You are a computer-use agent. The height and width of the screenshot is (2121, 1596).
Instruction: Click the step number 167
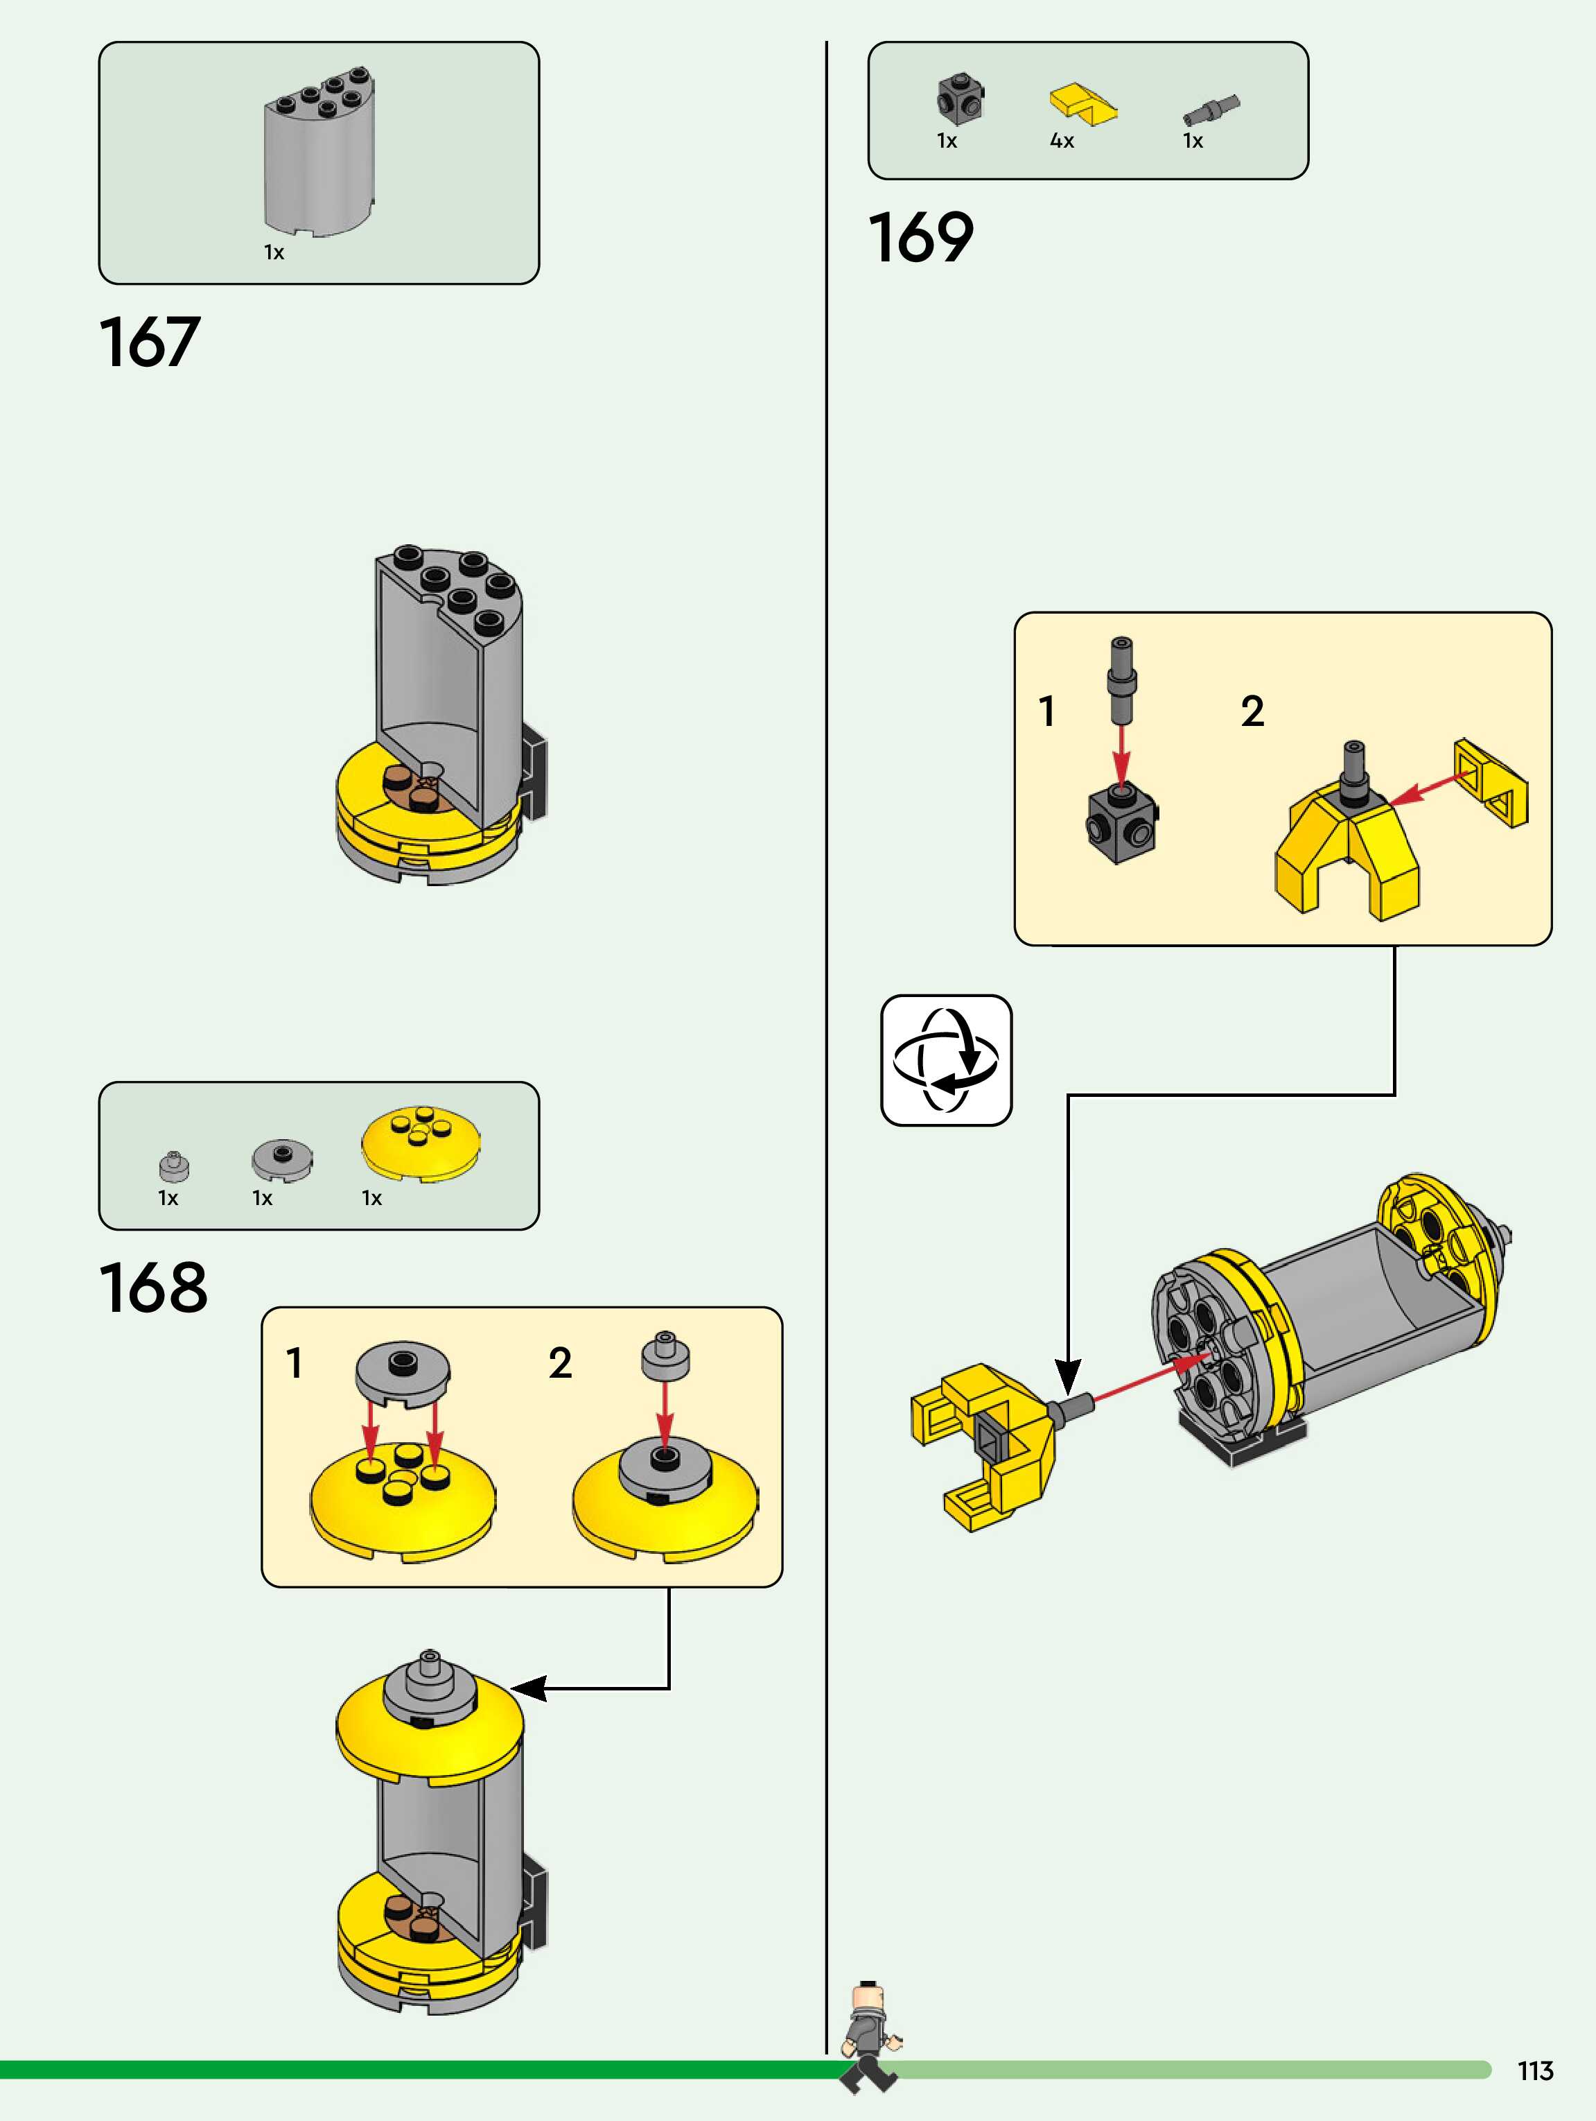coord(150,343)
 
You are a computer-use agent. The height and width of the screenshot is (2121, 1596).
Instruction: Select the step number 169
coord(920,238)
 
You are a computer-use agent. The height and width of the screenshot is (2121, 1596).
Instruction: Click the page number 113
coord(1534,2071)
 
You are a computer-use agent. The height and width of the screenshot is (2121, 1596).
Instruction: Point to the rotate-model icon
coord(946,1059)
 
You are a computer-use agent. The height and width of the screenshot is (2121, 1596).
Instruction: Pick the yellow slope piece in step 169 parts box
coord(1083,103)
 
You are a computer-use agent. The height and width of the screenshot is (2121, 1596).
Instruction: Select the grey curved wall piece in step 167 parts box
coord(319,151)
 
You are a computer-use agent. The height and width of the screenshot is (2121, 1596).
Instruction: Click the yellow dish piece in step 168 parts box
coord(421,1142)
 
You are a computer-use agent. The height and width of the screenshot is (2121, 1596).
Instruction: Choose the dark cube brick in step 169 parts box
coord(961,98)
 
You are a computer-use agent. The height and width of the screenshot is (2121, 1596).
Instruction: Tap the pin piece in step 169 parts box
coord(1211,110)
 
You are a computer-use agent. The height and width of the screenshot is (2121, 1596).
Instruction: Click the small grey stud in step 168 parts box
coord(173,1166)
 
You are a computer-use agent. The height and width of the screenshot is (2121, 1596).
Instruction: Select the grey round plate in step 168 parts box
coord(282,1159)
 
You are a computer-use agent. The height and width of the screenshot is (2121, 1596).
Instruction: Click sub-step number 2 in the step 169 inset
coord(1252,711)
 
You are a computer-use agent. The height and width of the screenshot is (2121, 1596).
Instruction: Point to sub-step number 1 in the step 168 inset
coord(295,1362)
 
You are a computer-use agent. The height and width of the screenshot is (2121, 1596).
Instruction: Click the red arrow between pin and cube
coord(1121,754)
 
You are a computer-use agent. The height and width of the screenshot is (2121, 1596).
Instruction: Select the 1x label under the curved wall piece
coord(274,252)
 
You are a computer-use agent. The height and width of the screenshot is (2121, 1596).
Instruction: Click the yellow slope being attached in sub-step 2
coord(1491,782)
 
